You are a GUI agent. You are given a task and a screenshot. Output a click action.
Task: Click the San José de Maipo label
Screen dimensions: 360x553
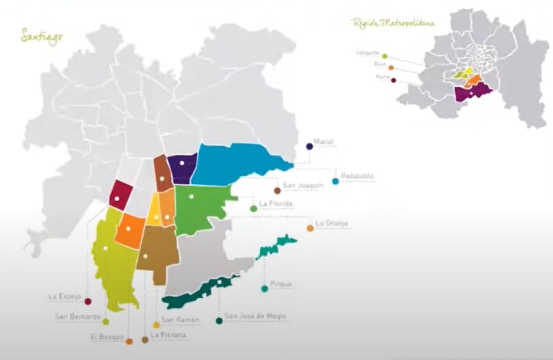[x=255, y=316]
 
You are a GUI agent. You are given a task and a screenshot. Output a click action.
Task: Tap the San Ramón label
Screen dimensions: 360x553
[x=180, y=320]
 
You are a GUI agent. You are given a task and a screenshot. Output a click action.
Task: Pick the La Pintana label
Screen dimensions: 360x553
[x=169, y=335]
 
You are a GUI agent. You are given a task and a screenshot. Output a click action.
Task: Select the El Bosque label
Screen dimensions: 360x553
[x=107, y=337]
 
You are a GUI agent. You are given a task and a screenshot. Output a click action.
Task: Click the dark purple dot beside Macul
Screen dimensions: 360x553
[x=309, y=146]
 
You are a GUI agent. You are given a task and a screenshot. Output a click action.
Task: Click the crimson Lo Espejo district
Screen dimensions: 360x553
[x=120, y=196]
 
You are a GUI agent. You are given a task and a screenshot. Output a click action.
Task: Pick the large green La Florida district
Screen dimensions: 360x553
[x=199, y=207]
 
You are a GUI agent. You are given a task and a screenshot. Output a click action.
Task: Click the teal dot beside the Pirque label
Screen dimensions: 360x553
[x=264, y=289]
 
